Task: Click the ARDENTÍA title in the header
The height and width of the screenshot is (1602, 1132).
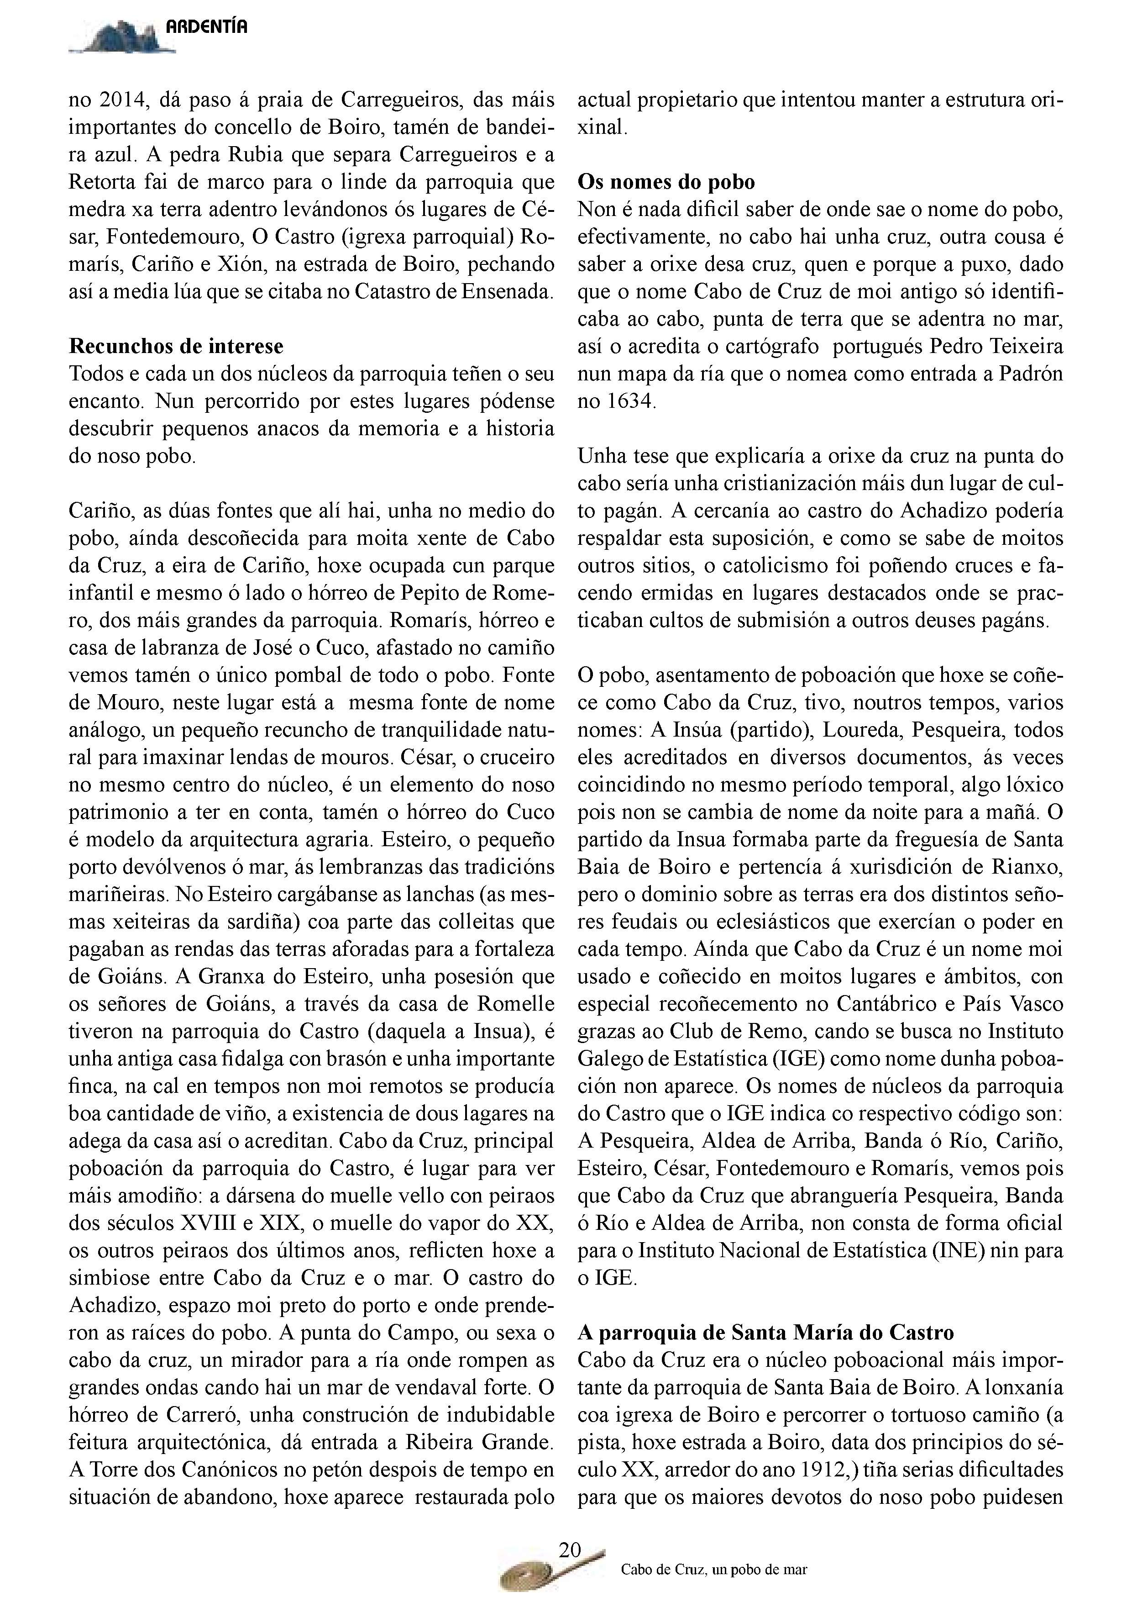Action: point(206,28)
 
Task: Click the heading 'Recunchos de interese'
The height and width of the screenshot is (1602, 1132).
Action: point(176,346)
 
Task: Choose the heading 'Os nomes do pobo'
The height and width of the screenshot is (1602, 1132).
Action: point(666,182)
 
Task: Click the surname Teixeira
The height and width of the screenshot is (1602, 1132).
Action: point(1022,347)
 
